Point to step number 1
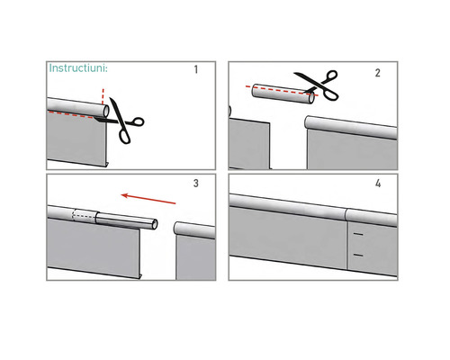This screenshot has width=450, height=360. [196, 69]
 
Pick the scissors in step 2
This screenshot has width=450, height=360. [319, 86]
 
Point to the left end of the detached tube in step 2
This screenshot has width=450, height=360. [253, 88]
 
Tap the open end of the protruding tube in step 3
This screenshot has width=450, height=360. [156, 223]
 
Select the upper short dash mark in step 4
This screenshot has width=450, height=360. [358, 236]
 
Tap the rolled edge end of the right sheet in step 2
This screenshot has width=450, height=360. [309, 122]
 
